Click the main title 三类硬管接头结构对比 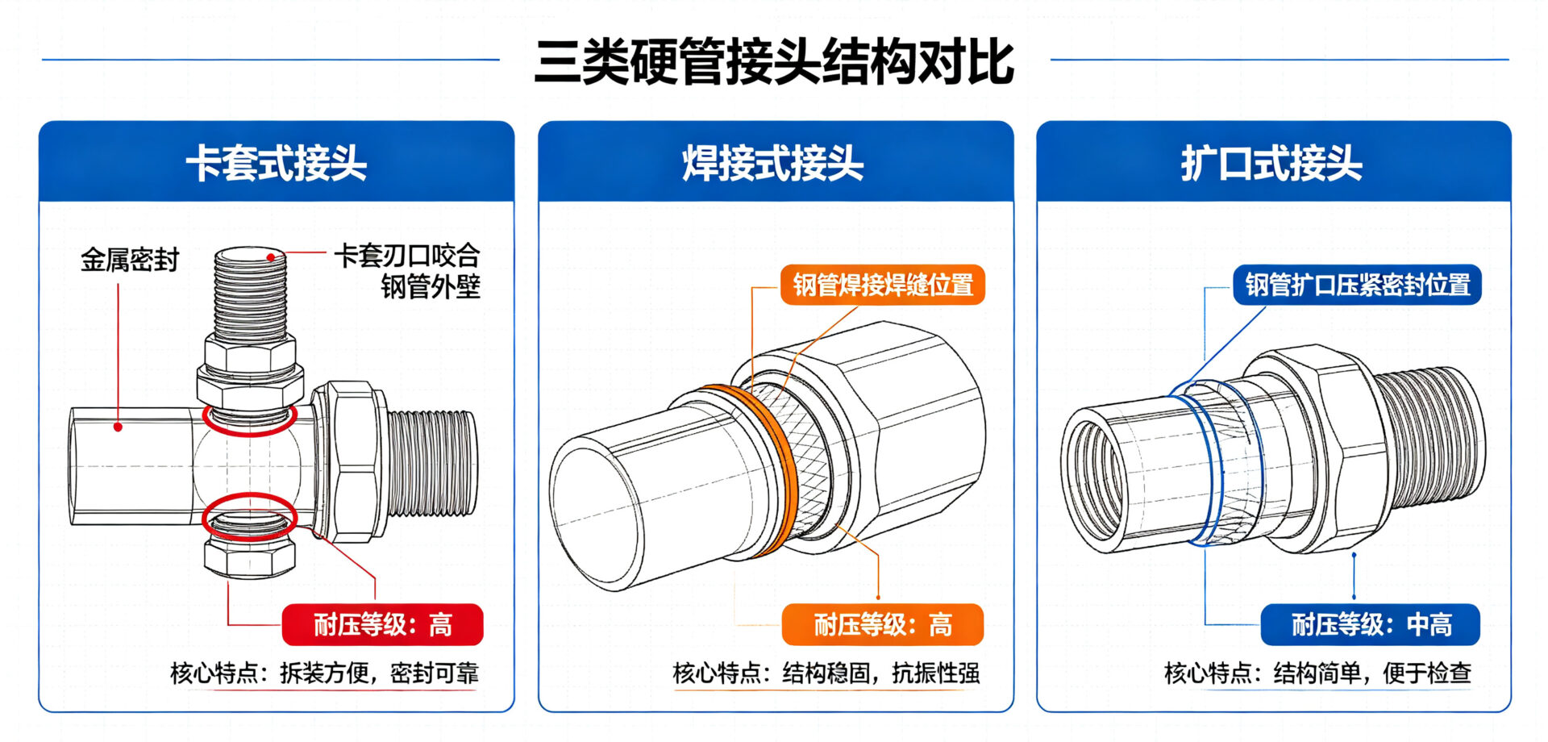click(x=774, y=61)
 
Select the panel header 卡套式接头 click(x=277, y=163)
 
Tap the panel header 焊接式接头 click(x=773, y=163)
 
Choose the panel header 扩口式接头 click(x=1271, y=163)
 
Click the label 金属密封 click(x=130, y=260)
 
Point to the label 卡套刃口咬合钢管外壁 click(x=408, y=271)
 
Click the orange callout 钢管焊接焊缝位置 click(x=883, y=285)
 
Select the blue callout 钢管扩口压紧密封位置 click(x=1358, y=285)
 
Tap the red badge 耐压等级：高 click(x=382, y=624)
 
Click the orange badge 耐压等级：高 click(x=883, y=624)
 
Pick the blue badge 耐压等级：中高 click(x=1371, y=624)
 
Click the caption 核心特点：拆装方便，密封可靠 click(x=324, y=673)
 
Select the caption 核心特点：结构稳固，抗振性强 click(x=826, y=673)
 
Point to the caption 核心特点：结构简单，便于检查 click(x=1318, y=673)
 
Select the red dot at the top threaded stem click(x=272, y=258)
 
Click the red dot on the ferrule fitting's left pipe click(x=118, y=427)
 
